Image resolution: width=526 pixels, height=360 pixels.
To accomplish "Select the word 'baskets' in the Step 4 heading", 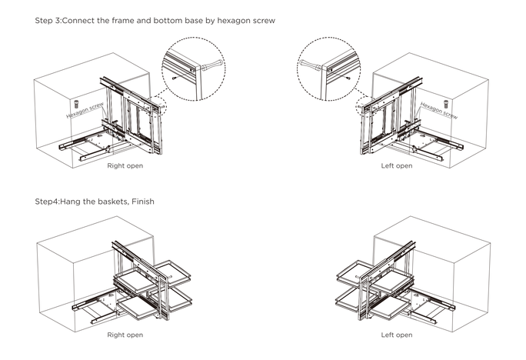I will (x=110, y=202).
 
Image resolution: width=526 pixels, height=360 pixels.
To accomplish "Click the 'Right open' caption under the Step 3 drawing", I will (x=125, y=165).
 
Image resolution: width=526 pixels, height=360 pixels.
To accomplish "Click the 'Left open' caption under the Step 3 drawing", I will (x=397, y=165).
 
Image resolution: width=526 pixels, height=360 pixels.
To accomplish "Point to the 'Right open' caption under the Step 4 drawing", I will (x=125, y=335).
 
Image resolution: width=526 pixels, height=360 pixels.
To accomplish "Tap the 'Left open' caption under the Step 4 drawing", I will (x=397, y=335).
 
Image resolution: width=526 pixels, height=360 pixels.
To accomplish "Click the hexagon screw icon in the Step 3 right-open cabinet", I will (x=78, y=102).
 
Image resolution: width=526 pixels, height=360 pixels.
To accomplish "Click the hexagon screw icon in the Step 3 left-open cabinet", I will (x=445, y=102).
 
